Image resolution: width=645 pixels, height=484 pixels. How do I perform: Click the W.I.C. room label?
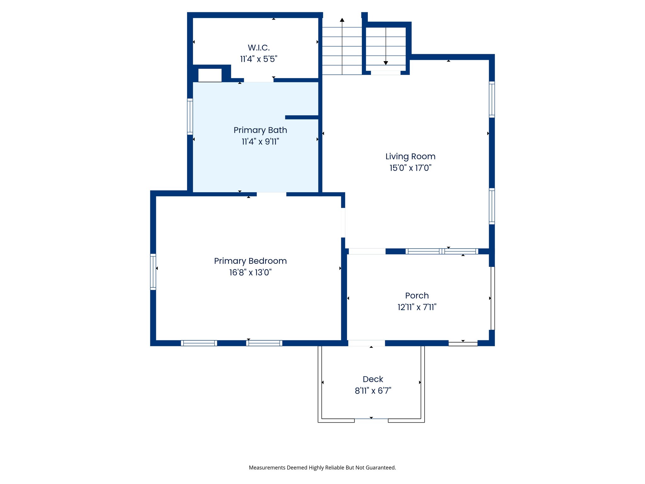click(259, 48)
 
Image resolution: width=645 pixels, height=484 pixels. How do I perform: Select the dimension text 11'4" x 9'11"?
click(260, 142)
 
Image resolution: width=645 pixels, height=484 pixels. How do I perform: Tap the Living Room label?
click(410, 156)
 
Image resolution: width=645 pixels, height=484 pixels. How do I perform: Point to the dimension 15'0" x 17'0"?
click(410, 168)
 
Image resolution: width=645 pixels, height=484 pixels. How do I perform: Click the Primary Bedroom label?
click(250, 261)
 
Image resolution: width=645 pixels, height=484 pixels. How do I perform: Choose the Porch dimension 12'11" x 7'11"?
click(417, 307)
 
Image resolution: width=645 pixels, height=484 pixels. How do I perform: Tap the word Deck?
click(373, 379)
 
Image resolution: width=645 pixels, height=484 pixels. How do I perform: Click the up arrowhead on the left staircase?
click(342, 20)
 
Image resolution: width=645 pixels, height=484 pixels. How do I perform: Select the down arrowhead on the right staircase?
click(385, 63)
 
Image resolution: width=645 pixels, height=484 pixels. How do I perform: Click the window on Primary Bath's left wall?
click(190, 117)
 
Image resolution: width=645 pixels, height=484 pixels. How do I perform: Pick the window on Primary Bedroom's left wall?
click(153, 272)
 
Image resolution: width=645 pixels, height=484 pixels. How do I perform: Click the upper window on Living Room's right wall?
click(492, 100)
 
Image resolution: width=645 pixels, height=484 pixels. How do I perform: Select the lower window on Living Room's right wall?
click(492, 206)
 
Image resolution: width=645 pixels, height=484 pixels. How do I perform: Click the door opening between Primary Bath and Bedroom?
click(271, 194)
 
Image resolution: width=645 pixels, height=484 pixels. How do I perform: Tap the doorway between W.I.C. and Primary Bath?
click(259, 80)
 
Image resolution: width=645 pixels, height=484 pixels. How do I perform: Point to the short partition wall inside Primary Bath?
click(302, 117)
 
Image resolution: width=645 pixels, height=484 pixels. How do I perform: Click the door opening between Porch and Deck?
click(366, 343)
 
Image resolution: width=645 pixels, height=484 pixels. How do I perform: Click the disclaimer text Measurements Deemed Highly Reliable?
click(322, 468)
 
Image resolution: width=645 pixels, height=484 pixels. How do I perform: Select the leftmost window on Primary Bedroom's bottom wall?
click(199, 343)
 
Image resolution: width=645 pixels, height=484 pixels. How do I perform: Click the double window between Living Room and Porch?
click(442, 251)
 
